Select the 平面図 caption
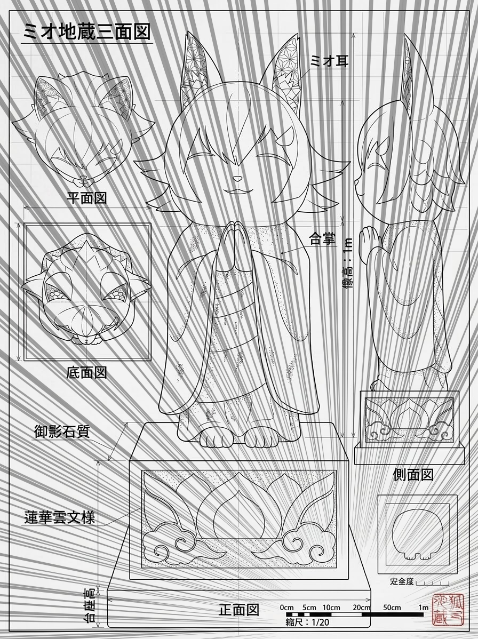[x=86, y=198]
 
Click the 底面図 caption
[x=86, y=372]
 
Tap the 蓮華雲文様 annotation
[x=60, y=517]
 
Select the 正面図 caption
[x=239, y=610]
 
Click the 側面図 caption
[x=412, y=474]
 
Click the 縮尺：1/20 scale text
[x=307, y=622]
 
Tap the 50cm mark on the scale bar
[x=392, y=607]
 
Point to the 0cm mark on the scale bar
[x=286, y=607]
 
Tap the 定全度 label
[x=402, y=581]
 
